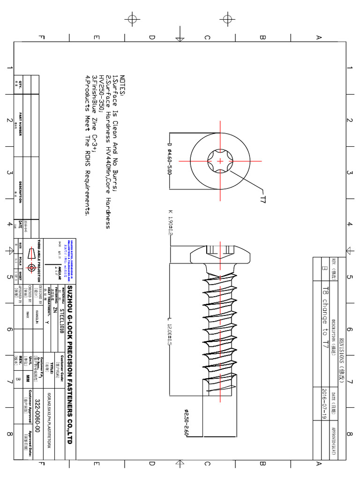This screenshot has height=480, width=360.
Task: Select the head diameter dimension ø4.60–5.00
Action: coord(169,159)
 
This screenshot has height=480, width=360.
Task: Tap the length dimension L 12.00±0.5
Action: coord(169,335)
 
